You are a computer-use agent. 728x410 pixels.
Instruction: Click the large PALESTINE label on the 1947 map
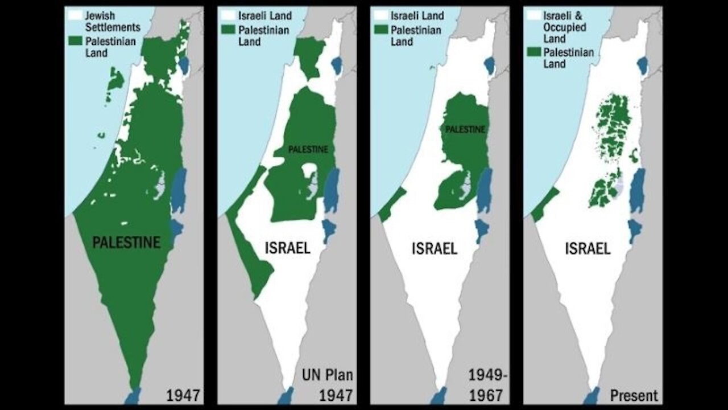126,243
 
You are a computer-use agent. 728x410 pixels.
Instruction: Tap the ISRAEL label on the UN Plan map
287,248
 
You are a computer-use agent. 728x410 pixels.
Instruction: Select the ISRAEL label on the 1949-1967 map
434,248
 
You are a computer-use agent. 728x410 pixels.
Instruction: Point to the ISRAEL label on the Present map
588,248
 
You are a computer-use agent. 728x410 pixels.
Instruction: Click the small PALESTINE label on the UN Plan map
308,150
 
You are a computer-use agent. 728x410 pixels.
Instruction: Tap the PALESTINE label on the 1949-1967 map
465,130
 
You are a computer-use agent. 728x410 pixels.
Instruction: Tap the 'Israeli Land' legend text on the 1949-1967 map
417,16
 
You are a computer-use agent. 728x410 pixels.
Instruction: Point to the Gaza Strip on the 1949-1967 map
392,205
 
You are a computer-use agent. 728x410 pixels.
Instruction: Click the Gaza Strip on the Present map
544,204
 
